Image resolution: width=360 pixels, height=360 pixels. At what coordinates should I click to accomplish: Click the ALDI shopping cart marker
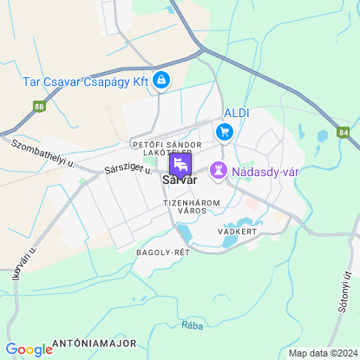(226, 132)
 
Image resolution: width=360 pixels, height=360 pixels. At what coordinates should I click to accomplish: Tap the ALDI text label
(237, 114)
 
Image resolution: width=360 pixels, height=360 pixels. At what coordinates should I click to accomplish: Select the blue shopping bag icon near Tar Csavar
(160, 81)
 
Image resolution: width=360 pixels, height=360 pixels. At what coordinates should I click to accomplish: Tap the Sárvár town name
(180, 180)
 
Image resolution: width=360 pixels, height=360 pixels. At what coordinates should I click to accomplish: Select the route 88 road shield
(38, 107)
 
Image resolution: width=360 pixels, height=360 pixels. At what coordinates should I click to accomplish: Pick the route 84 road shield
(344, 133)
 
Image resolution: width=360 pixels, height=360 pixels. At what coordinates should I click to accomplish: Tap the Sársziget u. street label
(126, 166)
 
